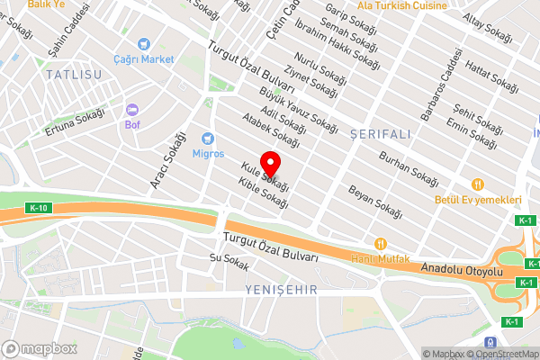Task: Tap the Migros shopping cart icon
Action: pyautogui.click(x=208, y=139)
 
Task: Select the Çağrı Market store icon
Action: pyautogui.click(x=143, y=44)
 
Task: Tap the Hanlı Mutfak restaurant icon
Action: pyautogui.click(x=381, y=243)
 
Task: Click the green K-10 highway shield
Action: pyautogui.click(x=38, y=209)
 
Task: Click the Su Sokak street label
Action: pyautogui.click(x=228, y=261)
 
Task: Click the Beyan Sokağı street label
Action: pyautogui.click(x=373, y=196)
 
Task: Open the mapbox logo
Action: pyautogui.click(x=40, y=348)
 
